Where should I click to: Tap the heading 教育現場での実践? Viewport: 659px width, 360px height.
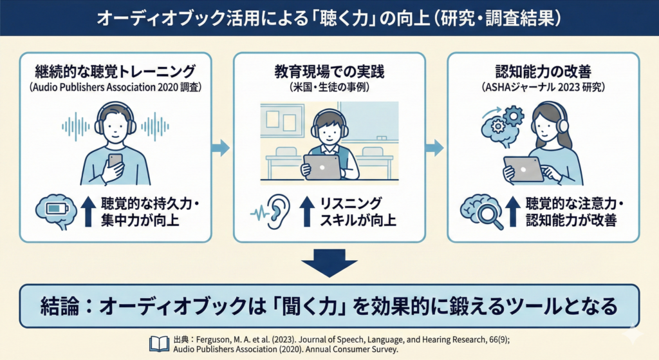329,71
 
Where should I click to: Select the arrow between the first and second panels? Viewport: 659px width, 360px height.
221,148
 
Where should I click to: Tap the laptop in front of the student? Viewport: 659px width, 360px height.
322,167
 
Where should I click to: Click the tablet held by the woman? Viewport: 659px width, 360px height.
523,168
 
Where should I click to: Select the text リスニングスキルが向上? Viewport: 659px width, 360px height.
353,212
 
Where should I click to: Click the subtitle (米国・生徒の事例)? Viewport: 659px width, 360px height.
329,86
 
